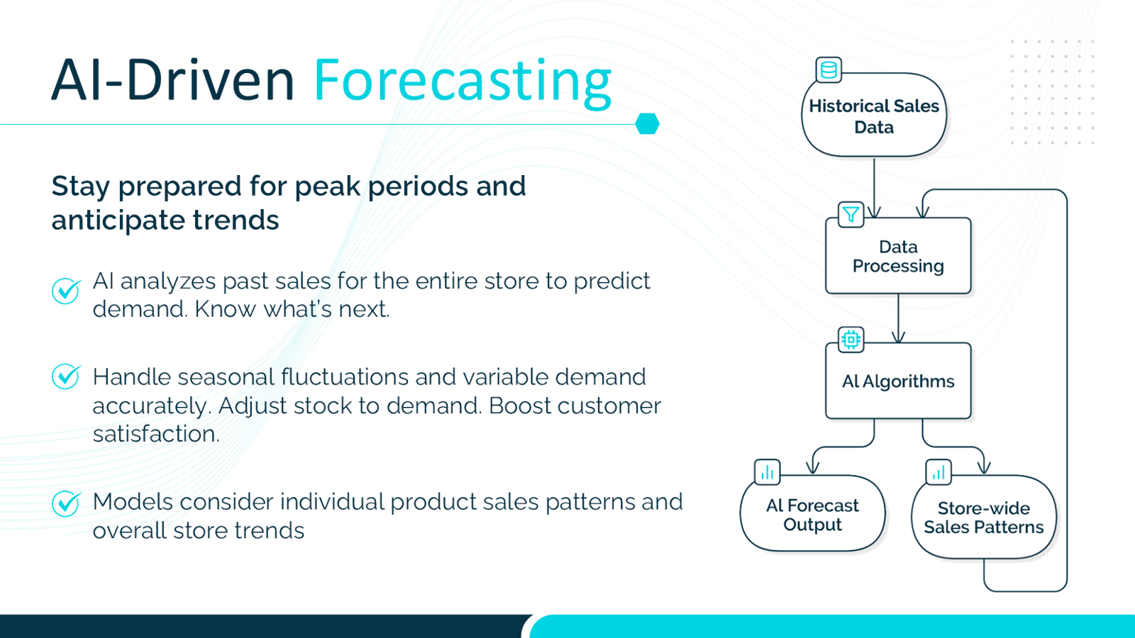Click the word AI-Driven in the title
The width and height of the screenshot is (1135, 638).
pyautogui.click(x=173, y=80)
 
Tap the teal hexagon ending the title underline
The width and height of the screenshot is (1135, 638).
pyautogui.click(x=647, y=123)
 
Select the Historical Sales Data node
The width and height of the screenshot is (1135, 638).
pyautogui.click(x=874, y=115)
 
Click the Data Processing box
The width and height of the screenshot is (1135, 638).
pyautogui.click(x=898, y=256)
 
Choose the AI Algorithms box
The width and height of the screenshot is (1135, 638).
pyautogui.click(x=898, y=381)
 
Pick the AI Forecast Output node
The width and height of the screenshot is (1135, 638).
pyautogui.click(x=813, y=513)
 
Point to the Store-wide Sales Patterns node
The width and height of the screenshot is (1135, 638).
pyautogui.click(x=984, y=517)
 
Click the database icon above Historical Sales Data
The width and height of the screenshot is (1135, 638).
pyautogui.click(x=829, y=70)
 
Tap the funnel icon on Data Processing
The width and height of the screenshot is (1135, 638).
pyautogui.click(x=851, y=214)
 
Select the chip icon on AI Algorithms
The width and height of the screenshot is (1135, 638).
pyautogui.click(x=851, y=340)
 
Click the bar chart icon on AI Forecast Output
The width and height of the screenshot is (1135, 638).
pyautogui.click(x=767, y=472)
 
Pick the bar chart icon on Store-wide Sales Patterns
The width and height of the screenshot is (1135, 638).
pyautogui.click(x=939, y=472)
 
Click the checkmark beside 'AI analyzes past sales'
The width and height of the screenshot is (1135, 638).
pyautogui.click(x=67, y=291)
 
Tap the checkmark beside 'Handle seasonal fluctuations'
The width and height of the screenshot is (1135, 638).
pyautogui.click(x=67, y=376)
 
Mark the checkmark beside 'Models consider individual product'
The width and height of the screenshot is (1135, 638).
pyautogui.click(x=67, y=503)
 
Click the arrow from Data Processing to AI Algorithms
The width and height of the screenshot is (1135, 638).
pyautogui.click(x=898, y=318)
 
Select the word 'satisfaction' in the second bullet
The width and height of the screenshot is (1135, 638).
pyautogui.click(x=156, y=433)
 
